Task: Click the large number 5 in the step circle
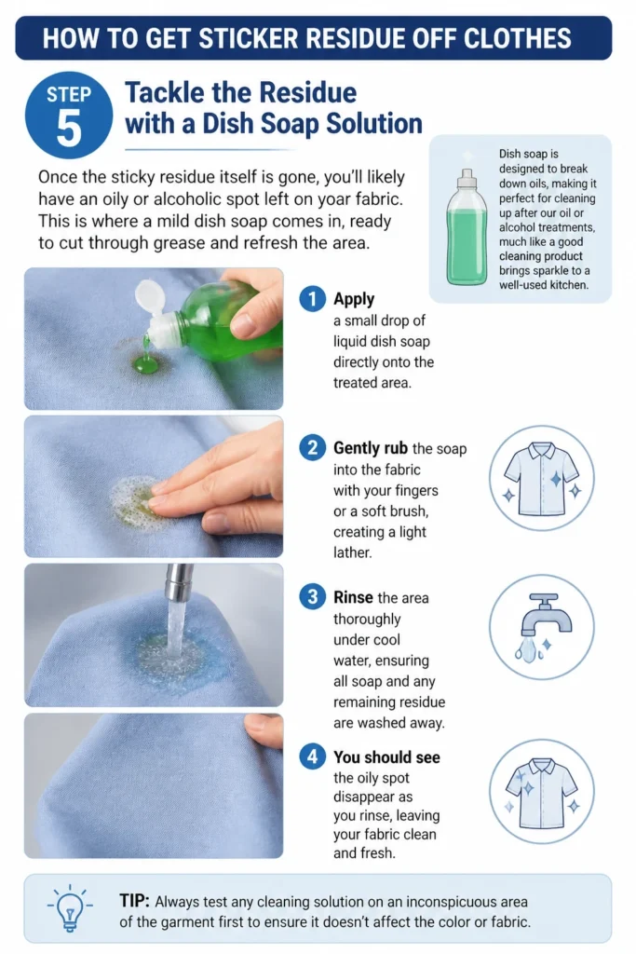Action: pyautogui.click(x=69, y=129)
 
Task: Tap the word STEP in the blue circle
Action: pyautogui.click(x=69, y=95)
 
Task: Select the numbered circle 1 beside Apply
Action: pyautogui.click(x=313, y=299)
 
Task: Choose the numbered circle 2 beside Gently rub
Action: pyautogui.click(x=313, y=448)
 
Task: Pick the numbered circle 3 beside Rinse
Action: pyautogui.click(x=313, y=597)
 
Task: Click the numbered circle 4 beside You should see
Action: pyautogui.click(x=313, y=756)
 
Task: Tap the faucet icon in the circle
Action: pyautogui.click(x=542, y=627)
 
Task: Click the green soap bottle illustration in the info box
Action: pyautogui.click(x=467, y=227)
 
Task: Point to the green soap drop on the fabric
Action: pyautogui.click(x=146, y=364)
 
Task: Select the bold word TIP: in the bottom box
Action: pyautogui.click(x=134, y=901)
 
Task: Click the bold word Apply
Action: pyautogui.click(x=354, y=299)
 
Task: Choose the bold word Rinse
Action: pyautogui.click(x=353, y=597)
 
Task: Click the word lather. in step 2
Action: pyautogui.click(x=352, y=552)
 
